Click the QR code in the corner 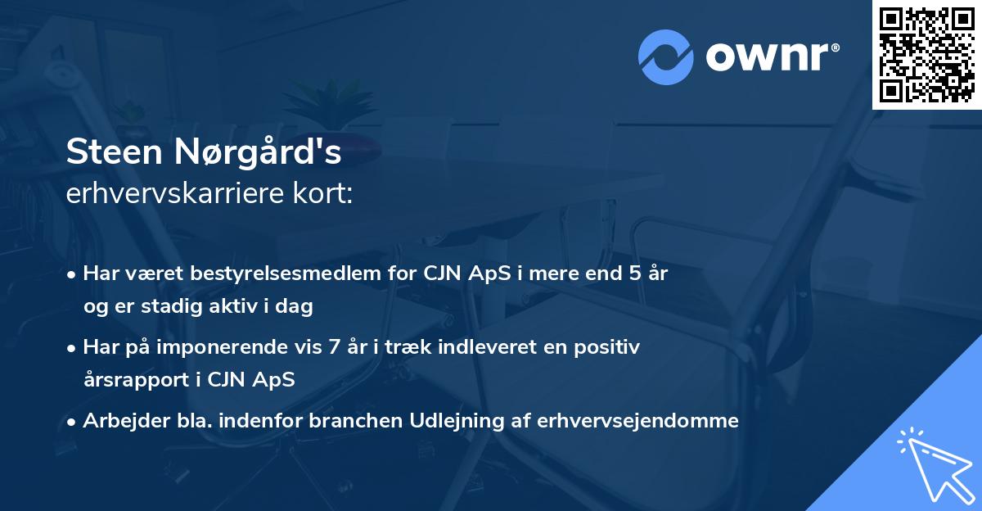pos(927,55)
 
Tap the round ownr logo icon pos(666,57)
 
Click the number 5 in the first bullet pos(634,274)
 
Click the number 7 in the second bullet pos(334,347)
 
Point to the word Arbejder pos(121,421)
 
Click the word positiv pos(608,347)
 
